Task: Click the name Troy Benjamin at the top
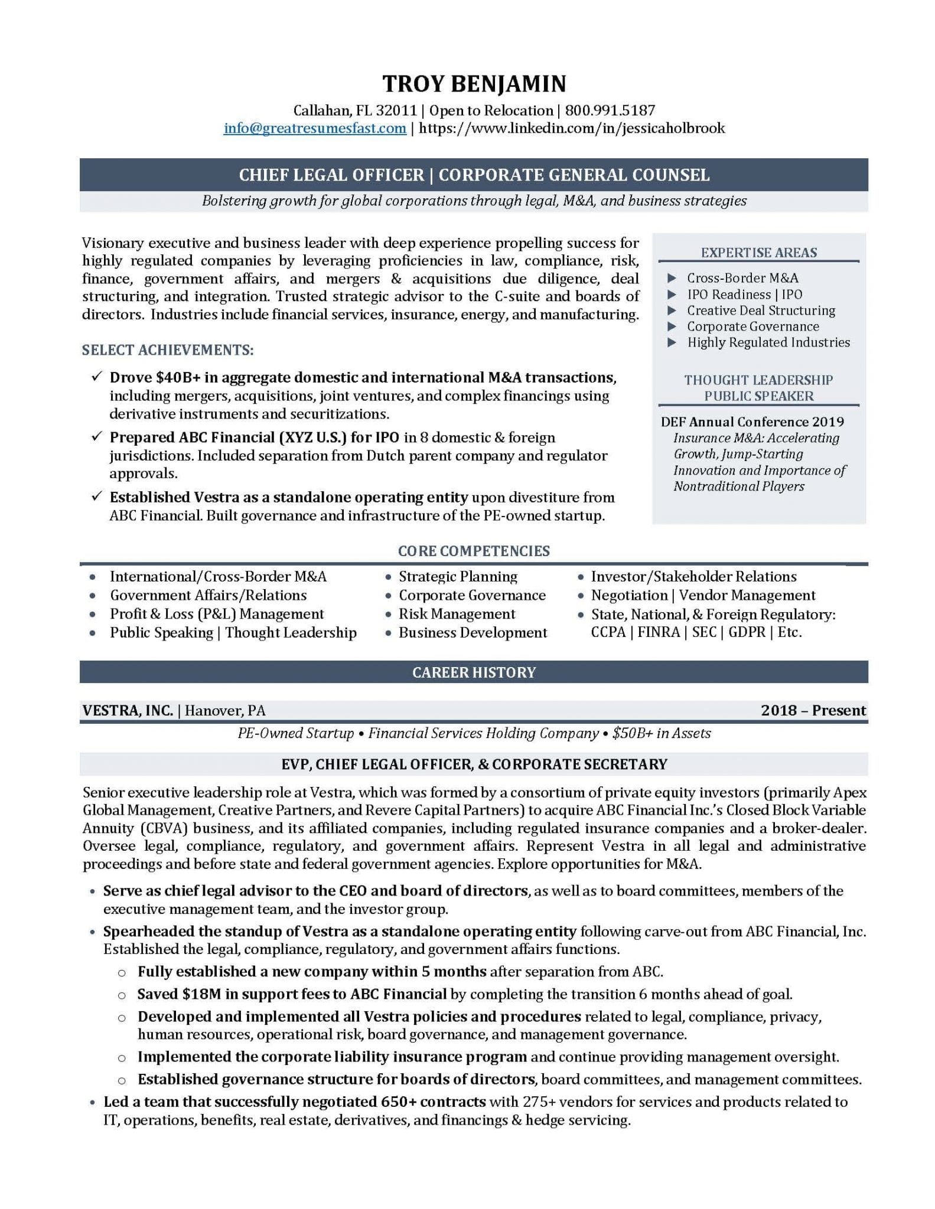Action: (x=474, y=84)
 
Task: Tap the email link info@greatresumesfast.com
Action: (x=314, y=128)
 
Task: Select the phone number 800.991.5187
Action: (x=610, y=110)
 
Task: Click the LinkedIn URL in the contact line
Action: (x=572, y=128)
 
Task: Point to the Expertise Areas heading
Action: (x=758, y=253)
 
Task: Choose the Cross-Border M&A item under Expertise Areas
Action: (x=742, y=278)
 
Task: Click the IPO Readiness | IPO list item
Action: (x=744, y=294)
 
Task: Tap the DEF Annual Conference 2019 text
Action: (x=752, y=421)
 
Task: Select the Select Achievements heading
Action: (x=168, y=350)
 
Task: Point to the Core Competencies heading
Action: (x=474, y=551)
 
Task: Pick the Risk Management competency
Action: (x=457, y=614)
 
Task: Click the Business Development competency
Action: (x=473, y=632)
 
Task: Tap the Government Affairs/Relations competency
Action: (x=208, y=595)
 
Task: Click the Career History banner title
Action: (x=474, y=672)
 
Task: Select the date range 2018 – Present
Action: (x=813, y=710)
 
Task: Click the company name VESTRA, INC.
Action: (x=128, y=710)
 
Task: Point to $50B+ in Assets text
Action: (x=662, y=733)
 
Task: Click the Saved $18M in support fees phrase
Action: (x=292, y=994)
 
